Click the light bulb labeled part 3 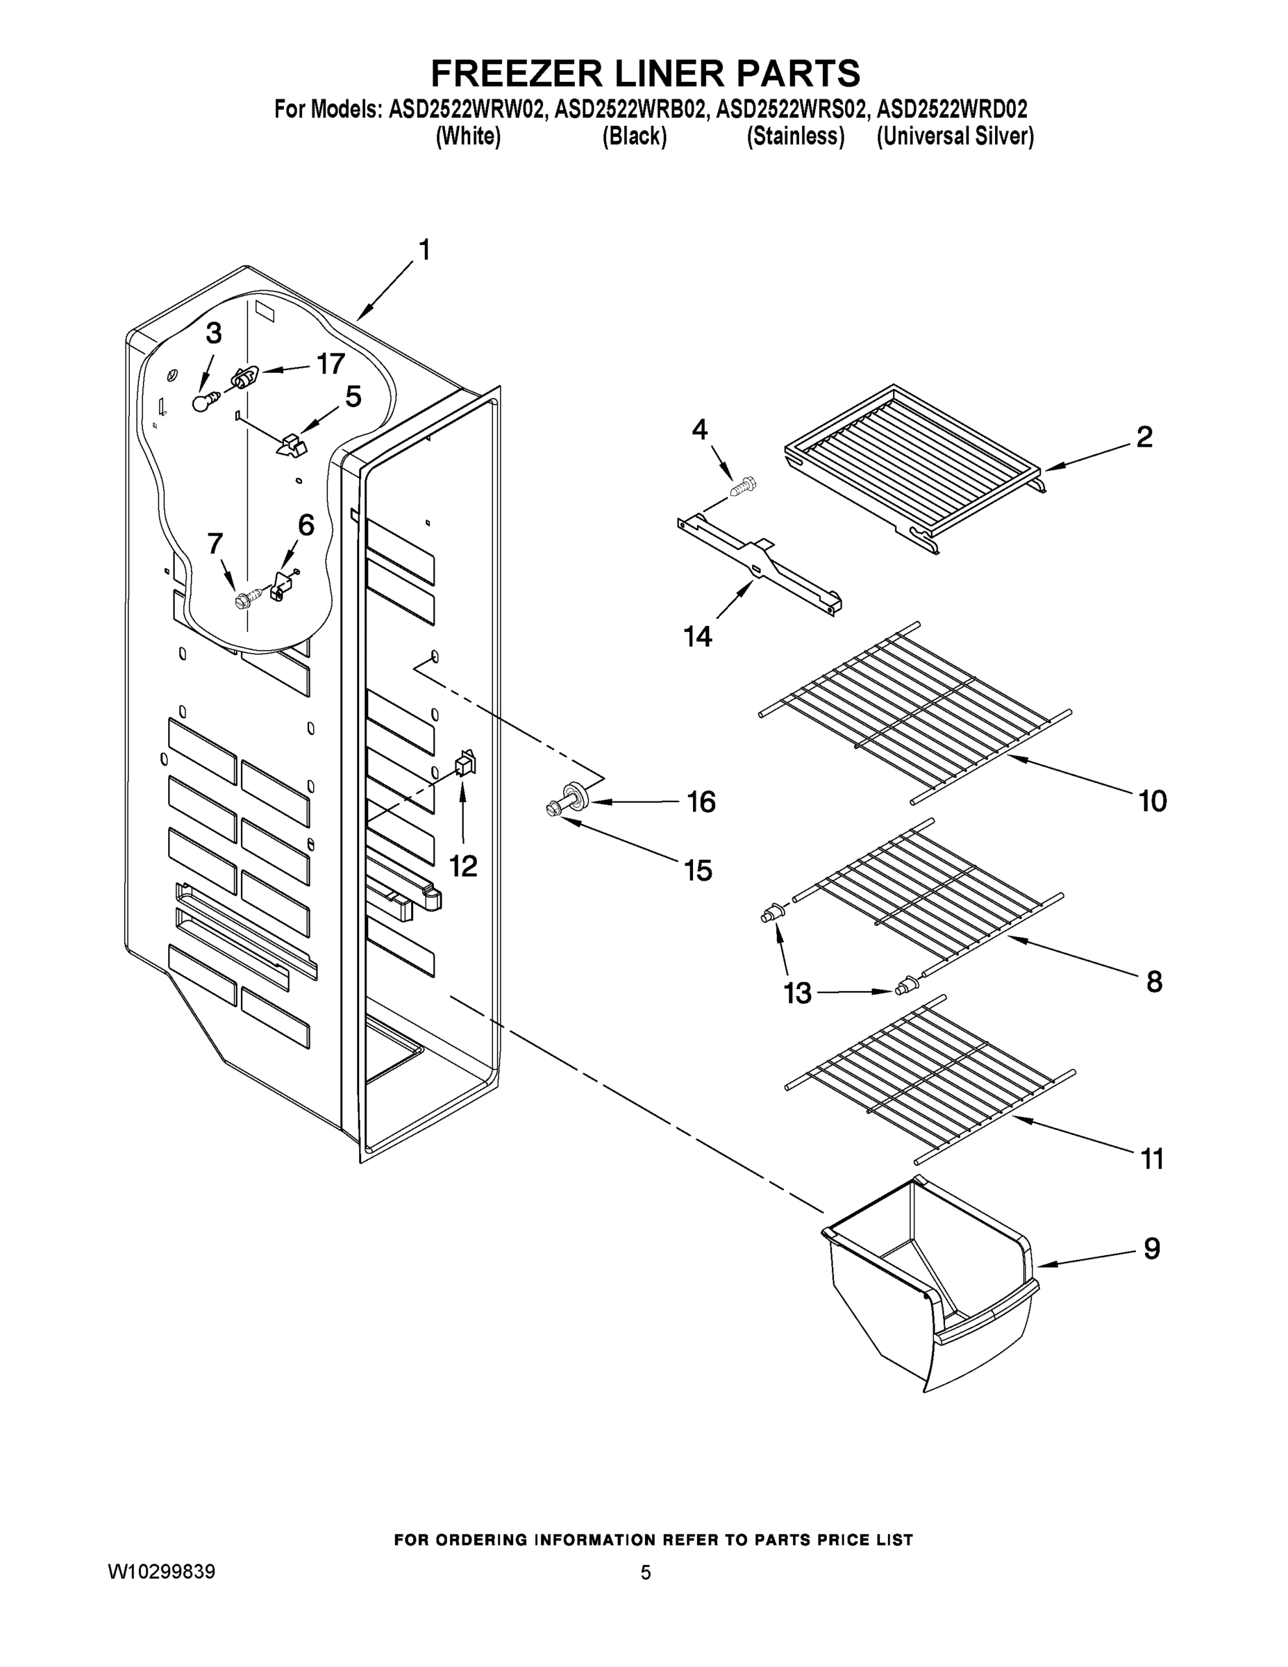[x=201, y=402]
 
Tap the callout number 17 [x=331, y=364]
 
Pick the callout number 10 [x=1152, y=802]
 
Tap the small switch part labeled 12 [x=465, y=763]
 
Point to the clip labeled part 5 [x=290, y=445]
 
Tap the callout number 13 [x=798, y=993]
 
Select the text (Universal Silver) [x=955, y=137]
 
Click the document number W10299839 [x=161, y=1572]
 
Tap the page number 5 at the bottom [x=646, y=1573]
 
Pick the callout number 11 [x=1152, y=1159]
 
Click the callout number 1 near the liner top [x=424, y=249]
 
